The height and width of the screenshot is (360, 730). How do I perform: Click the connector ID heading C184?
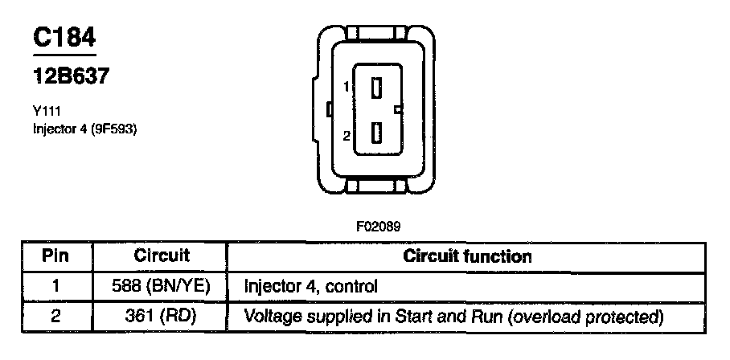64,38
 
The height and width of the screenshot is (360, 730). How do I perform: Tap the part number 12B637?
70,77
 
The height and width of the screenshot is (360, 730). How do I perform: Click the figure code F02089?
377,227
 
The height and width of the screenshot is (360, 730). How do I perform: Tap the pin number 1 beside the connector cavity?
347,87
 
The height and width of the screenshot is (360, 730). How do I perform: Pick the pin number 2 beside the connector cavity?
347,135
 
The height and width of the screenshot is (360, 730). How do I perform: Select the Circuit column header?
162,256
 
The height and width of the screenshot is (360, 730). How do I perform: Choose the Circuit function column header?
467,257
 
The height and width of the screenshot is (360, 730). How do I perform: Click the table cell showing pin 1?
55,285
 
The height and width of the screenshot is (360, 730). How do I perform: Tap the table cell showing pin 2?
55,316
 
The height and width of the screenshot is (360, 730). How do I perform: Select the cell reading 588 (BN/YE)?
162,285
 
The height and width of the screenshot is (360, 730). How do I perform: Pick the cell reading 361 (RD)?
162,316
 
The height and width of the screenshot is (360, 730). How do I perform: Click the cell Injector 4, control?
310,286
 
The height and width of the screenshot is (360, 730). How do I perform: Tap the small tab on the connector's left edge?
328,108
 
